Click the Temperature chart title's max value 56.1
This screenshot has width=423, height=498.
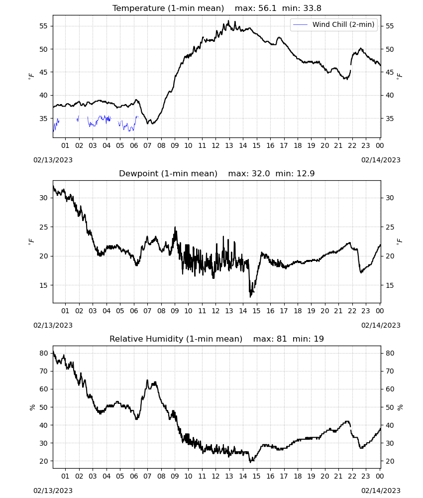click(x=267, y=8)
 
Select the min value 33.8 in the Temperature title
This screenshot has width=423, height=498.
click(x=312, y=8)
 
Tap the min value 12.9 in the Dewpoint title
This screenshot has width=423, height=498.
click(x=306, y=174)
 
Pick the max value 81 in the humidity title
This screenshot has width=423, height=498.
click(x=282, y=339)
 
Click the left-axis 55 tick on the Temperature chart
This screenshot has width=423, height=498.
click(x=43, y=26)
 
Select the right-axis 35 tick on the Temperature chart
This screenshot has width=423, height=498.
click(x=390, y=119)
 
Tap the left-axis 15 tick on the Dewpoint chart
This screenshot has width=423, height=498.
click(x=43, y=285)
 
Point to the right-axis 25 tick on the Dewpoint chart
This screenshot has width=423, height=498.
click(x=390, y=227)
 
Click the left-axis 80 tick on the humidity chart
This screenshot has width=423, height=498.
click(x=43, y=353)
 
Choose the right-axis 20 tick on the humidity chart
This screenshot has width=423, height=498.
click(x=390, y=461)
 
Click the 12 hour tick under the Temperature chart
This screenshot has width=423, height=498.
click(x=216, y=145)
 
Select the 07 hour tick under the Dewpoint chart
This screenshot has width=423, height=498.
click(x=147, y=311)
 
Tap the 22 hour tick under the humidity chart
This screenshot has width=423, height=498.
click(x=352, y=476)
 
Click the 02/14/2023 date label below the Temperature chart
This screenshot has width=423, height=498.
click(x=381, y=160)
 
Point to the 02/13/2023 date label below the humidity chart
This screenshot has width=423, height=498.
click(x=53, y=491)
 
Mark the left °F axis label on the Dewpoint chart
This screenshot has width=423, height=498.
click(x=31, y=241)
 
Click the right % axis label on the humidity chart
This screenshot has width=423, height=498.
click(x=400, y=407)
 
